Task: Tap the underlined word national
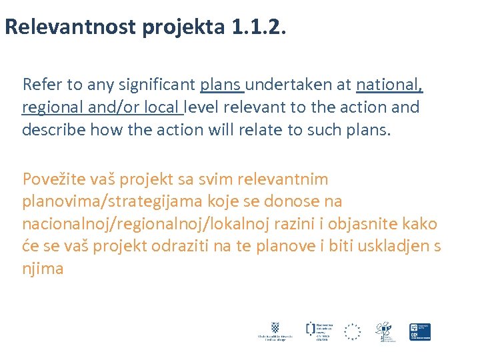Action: tap(390, 85)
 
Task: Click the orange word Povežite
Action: tap(52, 179)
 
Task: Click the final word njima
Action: tap(43, 268)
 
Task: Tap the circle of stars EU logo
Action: tap(352, 331)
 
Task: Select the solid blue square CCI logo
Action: tap(420, 331)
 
